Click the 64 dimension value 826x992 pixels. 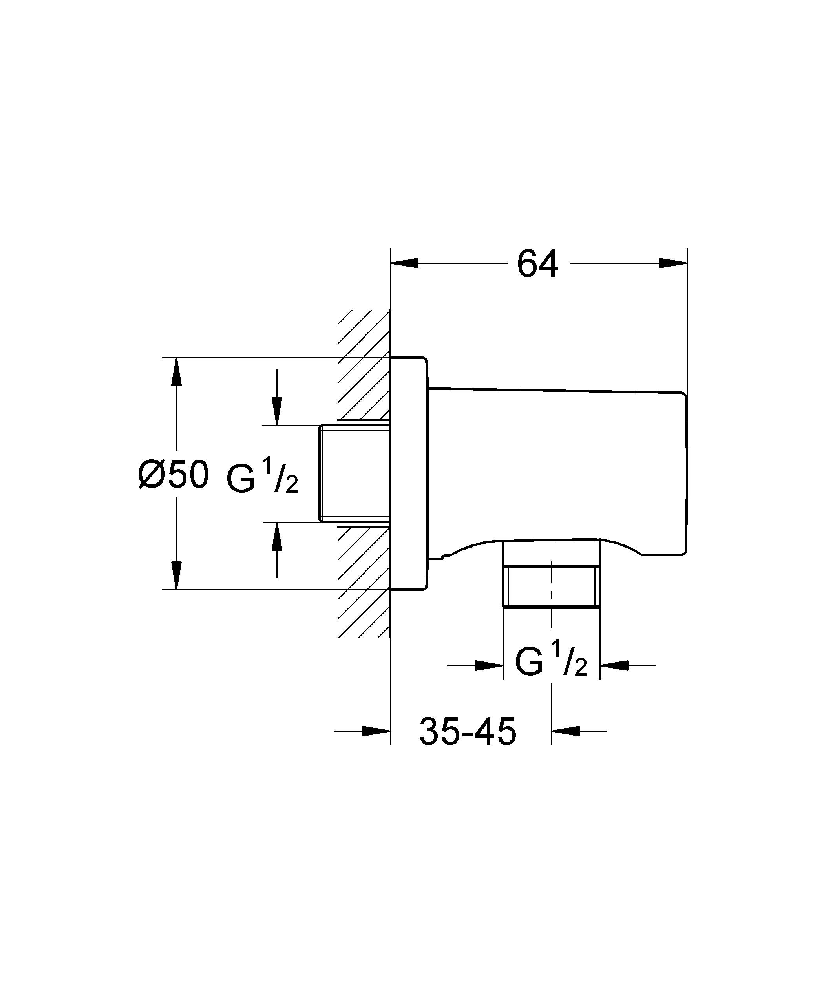[537, 264]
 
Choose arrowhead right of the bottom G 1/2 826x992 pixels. [614, 665]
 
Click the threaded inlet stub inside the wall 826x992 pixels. [355, 473]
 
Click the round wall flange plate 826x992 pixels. [409, 473]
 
